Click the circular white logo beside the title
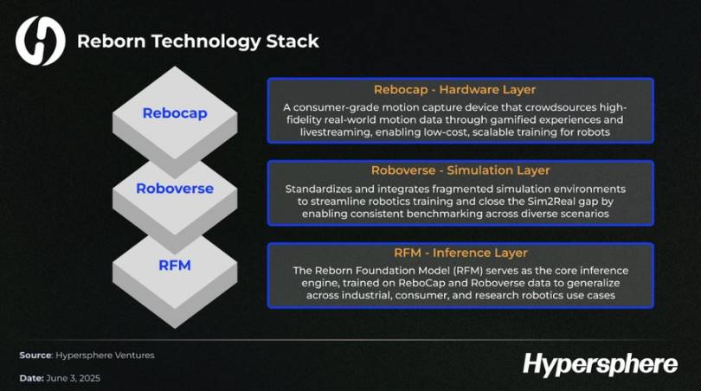(40, 41)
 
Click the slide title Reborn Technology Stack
(198, 42)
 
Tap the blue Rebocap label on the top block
(175, 113)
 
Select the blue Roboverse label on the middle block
(175, 188)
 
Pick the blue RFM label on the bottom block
(175, 265)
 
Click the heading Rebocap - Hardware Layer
(454, 89)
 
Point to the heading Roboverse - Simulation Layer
(460, 170)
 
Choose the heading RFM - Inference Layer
(460, 253)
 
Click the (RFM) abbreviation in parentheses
(467, 271)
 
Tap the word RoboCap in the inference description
(420, 283)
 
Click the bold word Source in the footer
(35, 356)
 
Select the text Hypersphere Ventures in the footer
(105, 356)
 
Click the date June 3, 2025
(73, 378)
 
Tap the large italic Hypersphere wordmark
(600, 363)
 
